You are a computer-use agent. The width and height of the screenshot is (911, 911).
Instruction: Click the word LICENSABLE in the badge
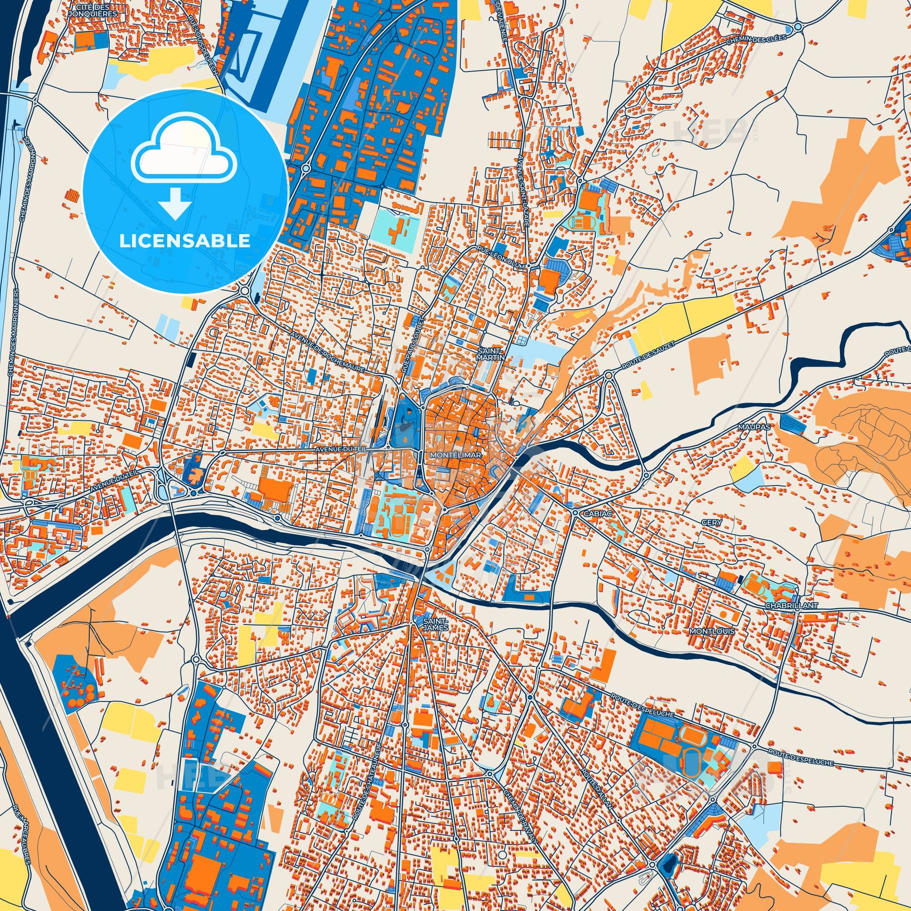click(184, 241)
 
